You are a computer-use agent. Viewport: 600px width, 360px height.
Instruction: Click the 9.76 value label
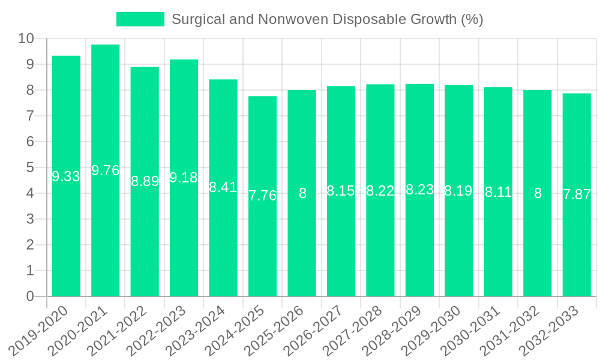click(x=106, y=170)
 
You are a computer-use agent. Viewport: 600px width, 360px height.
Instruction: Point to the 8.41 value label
click(x=223, y=187)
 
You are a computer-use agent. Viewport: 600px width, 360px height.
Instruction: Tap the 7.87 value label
click(x=577, y=194)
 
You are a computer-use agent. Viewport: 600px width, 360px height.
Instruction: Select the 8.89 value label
click(x=145, y=181)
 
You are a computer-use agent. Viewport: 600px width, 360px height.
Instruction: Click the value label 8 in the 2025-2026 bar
click(x=302, y=193)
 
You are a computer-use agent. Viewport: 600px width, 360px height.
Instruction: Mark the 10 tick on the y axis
click(x=26, y=39)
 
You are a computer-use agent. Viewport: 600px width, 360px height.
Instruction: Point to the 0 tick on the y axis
click(x=30, y=296)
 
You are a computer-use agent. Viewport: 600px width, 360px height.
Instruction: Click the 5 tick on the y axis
click(x=30, y=168)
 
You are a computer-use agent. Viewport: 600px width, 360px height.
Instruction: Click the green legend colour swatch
click(x=140, y=19)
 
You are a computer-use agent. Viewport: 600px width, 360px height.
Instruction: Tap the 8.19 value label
click(x=458, y=191)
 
